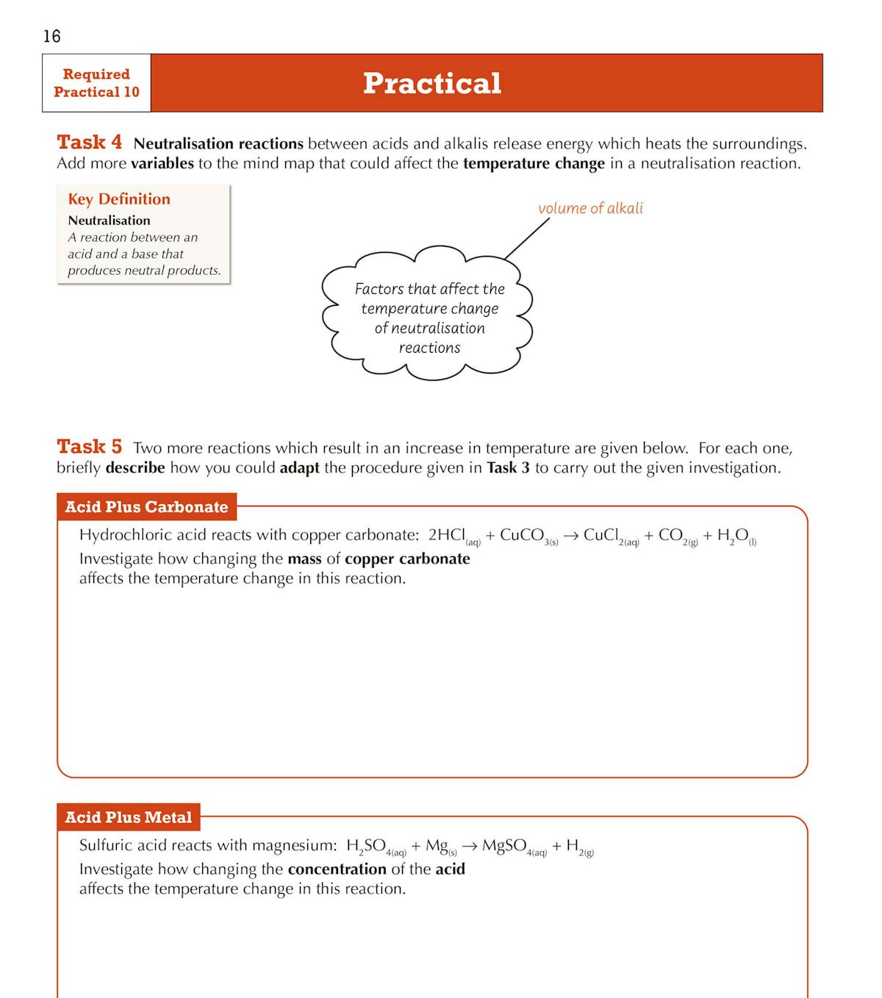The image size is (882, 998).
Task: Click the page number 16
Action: tap(51, 36)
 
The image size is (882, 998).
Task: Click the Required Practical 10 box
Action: tap(96, 83)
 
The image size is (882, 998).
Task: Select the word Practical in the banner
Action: tap(432, 83)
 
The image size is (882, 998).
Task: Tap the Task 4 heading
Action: tap(90, 142)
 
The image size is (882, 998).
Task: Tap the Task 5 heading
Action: tap(90, 446)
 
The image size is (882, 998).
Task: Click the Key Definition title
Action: tap(119, 199)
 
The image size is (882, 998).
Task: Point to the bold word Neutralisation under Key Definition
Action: tap(109, 220)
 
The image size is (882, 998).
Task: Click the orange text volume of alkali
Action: tap(590, 208)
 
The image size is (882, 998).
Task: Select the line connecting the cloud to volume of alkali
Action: tap(527, 239)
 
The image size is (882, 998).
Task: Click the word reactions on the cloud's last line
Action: tap(429, 348)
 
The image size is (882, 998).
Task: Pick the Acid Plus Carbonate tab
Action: tap(146, 507)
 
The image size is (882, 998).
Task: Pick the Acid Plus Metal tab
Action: tap(128, 817)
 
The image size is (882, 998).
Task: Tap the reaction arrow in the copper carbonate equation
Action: tap(570, 536)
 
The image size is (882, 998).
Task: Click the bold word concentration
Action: tap(337, 869)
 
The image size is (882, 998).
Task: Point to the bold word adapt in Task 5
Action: tap(299, 468)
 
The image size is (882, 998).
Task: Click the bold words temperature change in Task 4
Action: tap(534, 163)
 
